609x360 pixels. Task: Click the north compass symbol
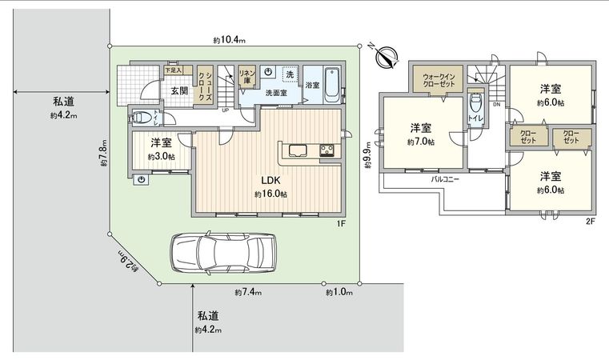387,57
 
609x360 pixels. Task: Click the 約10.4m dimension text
230,39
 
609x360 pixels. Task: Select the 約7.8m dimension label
104,155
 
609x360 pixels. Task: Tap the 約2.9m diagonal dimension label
128,262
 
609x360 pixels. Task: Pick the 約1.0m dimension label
339,293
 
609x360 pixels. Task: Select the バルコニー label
445,180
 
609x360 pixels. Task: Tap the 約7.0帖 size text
421,142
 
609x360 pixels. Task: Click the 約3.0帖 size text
162,157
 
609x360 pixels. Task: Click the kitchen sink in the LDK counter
297,150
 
